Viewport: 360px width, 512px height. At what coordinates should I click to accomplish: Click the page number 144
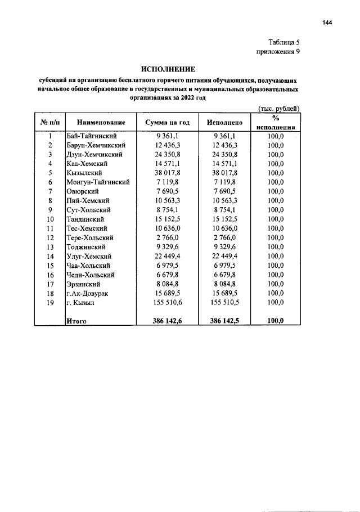(x=328, y=23)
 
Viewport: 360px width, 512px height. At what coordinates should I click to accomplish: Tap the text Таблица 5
(x=287, y=42)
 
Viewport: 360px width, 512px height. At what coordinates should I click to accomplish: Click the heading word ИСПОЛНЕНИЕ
(x=168, y=69)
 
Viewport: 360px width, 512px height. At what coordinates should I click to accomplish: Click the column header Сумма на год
(x=167, y=122)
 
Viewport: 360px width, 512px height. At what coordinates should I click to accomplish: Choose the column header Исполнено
(x=224, y=122)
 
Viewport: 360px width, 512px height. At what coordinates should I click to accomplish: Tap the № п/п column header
(x=50, y=122)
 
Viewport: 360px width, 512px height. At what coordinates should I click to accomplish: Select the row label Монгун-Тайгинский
(x=98, y=182)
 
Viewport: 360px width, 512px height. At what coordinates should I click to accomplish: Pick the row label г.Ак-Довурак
(x=89, y=293)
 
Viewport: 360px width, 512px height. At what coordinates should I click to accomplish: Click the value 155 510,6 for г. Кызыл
(x=167, y=302)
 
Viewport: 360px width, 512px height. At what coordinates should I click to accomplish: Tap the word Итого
(x=76, y=321)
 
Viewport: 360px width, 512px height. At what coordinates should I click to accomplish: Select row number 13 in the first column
(x=50, y=246)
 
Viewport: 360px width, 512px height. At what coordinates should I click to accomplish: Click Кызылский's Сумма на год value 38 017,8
(x=167, y=173)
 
